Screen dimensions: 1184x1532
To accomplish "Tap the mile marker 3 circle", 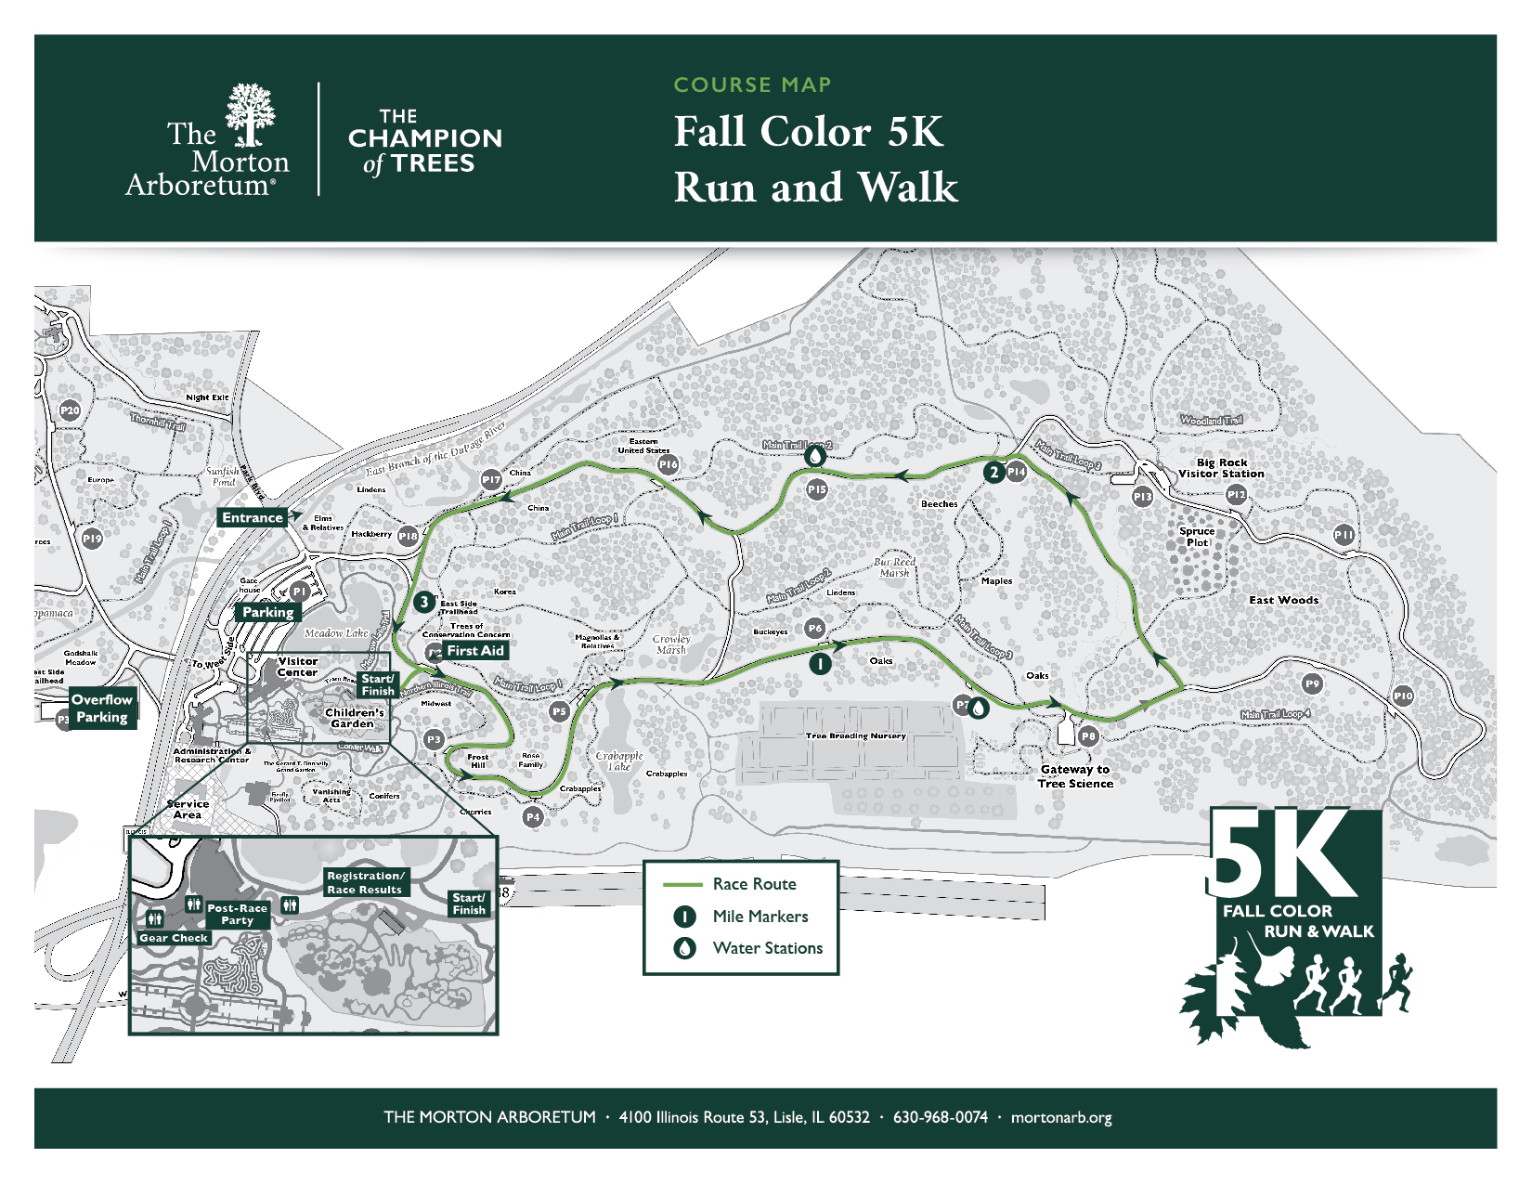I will pos(424,602).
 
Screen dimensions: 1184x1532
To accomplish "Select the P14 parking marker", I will pos(1016,472).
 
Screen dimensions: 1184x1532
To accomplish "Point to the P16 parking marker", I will pos(669,464).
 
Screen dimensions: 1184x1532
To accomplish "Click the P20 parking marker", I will pos(70,410).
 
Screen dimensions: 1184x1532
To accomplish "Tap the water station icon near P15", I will pos(814,456).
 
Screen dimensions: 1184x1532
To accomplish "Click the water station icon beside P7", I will pos(979,708).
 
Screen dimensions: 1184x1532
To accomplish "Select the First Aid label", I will pos(474,651).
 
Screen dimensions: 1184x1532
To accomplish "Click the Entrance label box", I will pos(253,518).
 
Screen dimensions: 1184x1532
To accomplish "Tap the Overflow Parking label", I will pos(102,709).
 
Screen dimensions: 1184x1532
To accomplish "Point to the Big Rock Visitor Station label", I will pos(1221,468).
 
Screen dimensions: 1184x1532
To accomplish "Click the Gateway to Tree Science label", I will pos(1075,776).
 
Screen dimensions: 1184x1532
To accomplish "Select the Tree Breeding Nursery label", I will pos(855,735).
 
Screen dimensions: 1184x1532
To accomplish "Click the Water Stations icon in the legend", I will pos(685,948).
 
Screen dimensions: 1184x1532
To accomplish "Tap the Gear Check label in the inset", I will pos(174,938).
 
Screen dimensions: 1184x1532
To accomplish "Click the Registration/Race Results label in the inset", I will pos(365,882).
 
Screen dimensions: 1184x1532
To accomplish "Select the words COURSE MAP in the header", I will pos(752,85).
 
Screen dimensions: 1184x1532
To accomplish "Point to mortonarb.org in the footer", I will pos(1061,1117).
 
